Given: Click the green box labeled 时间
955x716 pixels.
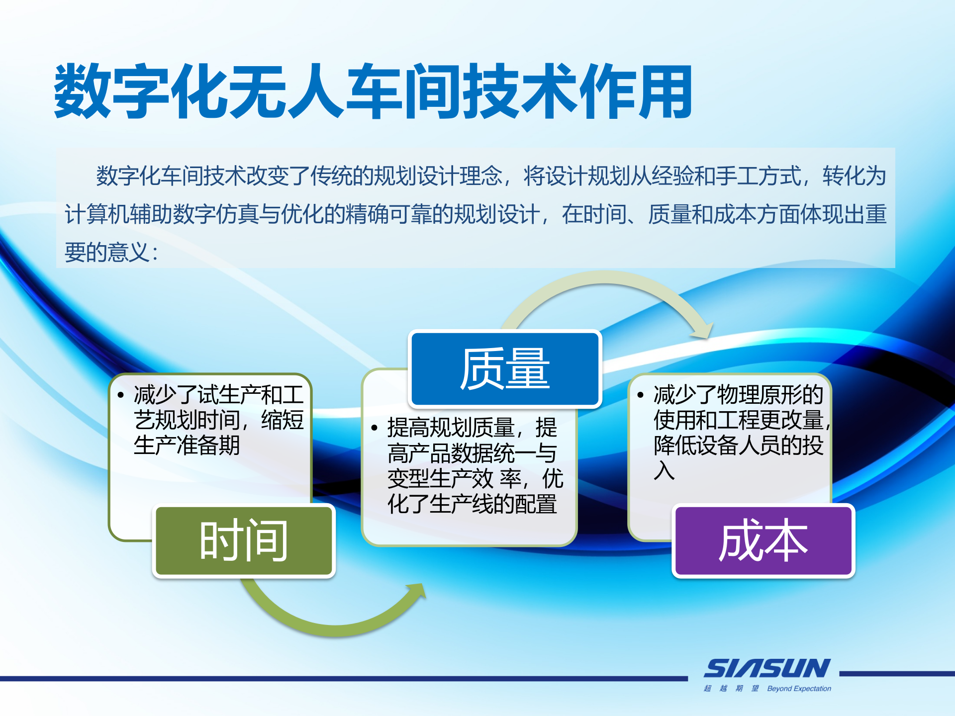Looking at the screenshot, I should (x=244, y=540).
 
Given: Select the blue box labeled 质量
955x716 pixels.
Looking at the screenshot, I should (x=505, y=368).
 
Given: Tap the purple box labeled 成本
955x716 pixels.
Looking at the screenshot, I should (x=763, y=540).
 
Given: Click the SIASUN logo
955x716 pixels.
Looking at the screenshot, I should (x=766, y=669).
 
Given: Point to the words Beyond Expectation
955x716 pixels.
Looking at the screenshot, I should (x=799, y=689).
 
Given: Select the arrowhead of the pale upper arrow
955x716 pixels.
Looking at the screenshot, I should (x=703, y=330).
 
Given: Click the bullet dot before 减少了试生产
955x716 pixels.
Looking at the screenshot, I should (x=121, y=395).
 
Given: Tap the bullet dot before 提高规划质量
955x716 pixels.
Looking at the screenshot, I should (x=375, y=428).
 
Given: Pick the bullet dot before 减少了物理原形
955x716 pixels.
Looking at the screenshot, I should (x=641, y=395).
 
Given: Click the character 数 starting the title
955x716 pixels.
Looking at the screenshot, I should (x=83, y=91).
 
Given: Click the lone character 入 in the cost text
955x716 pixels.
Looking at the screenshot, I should (x=664, y=470).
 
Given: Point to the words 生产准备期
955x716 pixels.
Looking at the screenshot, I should (x=187, y=445).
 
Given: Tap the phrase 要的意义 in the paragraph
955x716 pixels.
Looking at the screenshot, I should (x=107, y=252).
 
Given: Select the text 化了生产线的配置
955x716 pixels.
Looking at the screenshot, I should (x=472, y=504).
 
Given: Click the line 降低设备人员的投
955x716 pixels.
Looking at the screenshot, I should (x=739, y=445).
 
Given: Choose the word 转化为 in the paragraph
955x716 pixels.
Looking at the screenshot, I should (x=854, y=176).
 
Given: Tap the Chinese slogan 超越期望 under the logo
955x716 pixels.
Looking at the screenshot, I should (x=731, y=689).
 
